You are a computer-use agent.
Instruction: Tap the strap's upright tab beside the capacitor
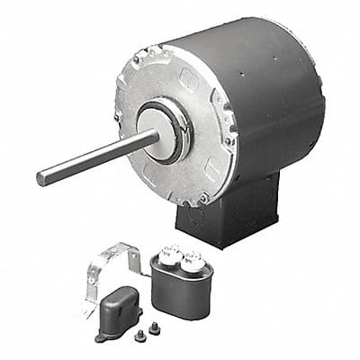pos(134,261)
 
